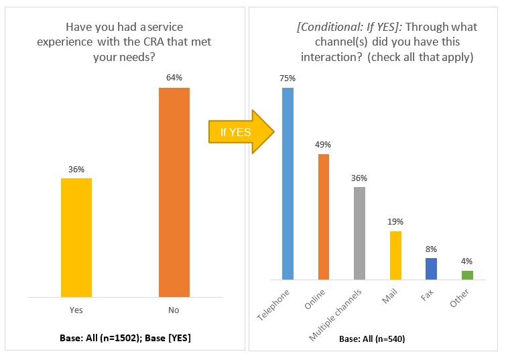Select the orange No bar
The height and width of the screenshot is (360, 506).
(x=174, y=192)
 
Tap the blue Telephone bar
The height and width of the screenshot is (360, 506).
(x=288, y=183)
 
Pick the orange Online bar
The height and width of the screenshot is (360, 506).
(x=324, y=217)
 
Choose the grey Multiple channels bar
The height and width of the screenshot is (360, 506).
(x=360, y=233)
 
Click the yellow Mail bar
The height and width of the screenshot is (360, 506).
(x=395, y=255)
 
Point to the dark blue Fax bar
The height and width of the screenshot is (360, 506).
(x=431, y=268)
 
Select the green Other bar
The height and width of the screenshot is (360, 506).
(x=467, y=275)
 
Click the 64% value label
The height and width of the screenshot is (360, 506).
(x=174, y=78)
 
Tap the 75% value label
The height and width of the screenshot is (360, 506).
(x=288, y=78)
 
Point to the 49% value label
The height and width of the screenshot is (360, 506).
(x=324, y=144)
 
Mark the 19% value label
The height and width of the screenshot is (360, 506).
(x=395, y=221)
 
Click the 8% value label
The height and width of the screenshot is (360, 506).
(x=431, y=248)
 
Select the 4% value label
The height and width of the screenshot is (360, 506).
(x=467, y=261)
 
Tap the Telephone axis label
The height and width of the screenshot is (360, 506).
(x=275, y=305)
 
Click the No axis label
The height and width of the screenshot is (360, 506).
(x=174, y=310)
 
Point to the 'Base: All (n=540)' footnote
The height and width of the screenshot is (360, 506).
(x=372, y=339)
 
